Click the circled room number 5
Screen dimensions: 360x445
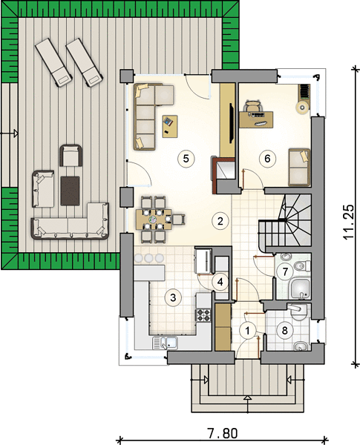tap(186, 159)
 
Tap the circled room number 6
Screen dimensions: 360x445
tap(267, 159)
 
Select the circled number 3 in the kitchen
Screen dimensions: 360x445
tap(173, 297)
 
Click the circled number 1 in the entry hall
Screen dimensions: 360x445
tap(248, 331)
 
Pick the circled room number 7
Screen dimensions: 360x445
tap(285, 271)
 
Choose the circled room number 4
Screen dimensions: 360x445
tap(220, 282)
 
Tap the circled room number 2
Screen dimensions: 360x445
tap(220, 221)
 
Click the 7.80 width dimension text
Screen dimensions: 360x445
tap(222, 434)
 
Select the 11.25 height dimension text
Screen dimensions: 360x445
tap(349, 222)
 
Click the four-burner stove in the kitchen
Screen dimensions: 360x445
tap(203, 314)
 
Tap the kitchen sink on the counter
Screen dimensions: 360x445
tap(165, 343)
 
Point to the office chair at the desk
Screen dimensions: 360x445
tap(253, 106)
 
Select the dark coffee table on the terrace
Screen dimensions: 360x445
tap(70, 191)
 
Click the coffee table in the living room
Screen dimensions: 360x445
tap(170, 126)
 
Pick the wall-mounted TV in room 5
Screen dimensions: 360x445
tap(232, 122)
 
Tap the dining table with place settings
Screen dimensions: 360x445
tap(154, 219)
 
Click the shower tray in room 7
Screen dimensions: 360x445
tap(299, 289)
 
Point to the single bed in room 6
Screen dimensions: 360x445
tap(299, 167)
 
